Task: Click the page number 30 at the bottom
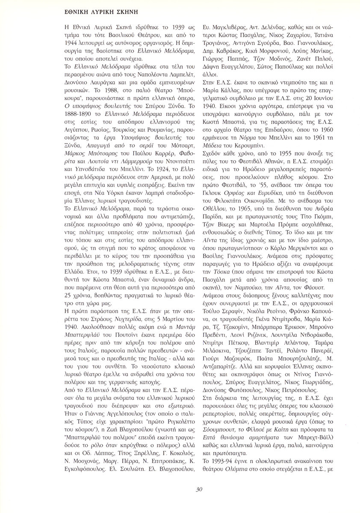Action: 199,489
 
